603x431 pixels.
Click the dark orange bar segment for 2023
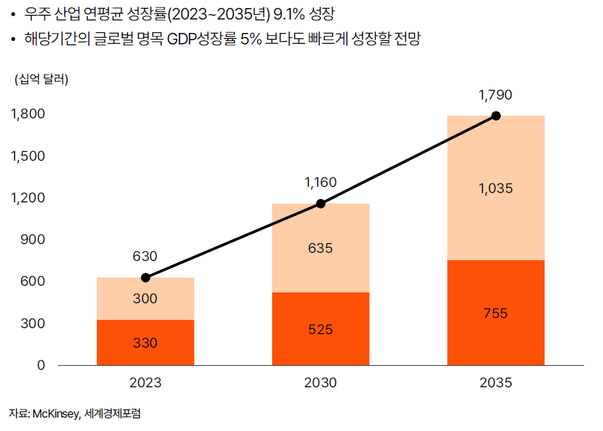[145, 342]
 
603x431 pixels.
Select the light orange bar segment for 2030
[320, 247]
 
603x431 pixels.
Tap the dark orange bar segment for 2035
[495, 313]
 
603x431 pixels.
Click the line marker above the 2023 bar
[145, 278]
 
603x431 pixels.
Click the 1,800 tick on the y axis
[28, 114]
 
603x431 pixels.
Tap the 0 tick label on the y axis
[41, 365]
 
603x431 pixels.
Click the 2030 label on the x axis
[320, 383]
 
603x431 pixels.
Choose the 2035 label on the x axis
[495, 383]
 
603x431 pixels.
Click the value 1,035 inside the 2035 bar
[495, 189]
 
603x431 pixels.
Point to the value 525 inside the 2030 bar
[320, 329]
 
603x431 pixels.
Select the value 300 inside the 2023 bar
[145, 299]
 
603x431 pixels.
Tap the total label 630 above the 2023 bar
[145, 256]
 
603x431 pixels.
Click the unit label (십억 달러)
[41, 79]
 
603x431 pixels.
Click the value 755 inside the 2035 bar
[495, 313]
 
